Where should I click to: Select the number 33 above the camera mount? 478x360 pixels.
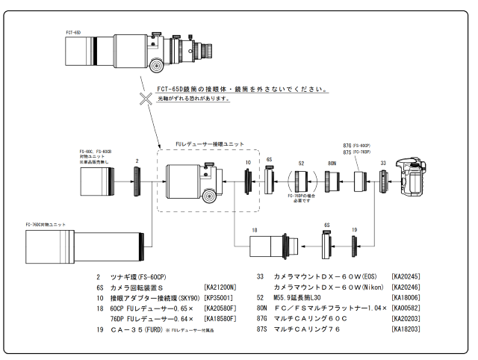pyautogui.click(x=382, y=161)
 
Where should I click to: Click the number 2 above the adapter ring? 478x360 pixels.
pyautogui.click(x=137, y=160)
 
